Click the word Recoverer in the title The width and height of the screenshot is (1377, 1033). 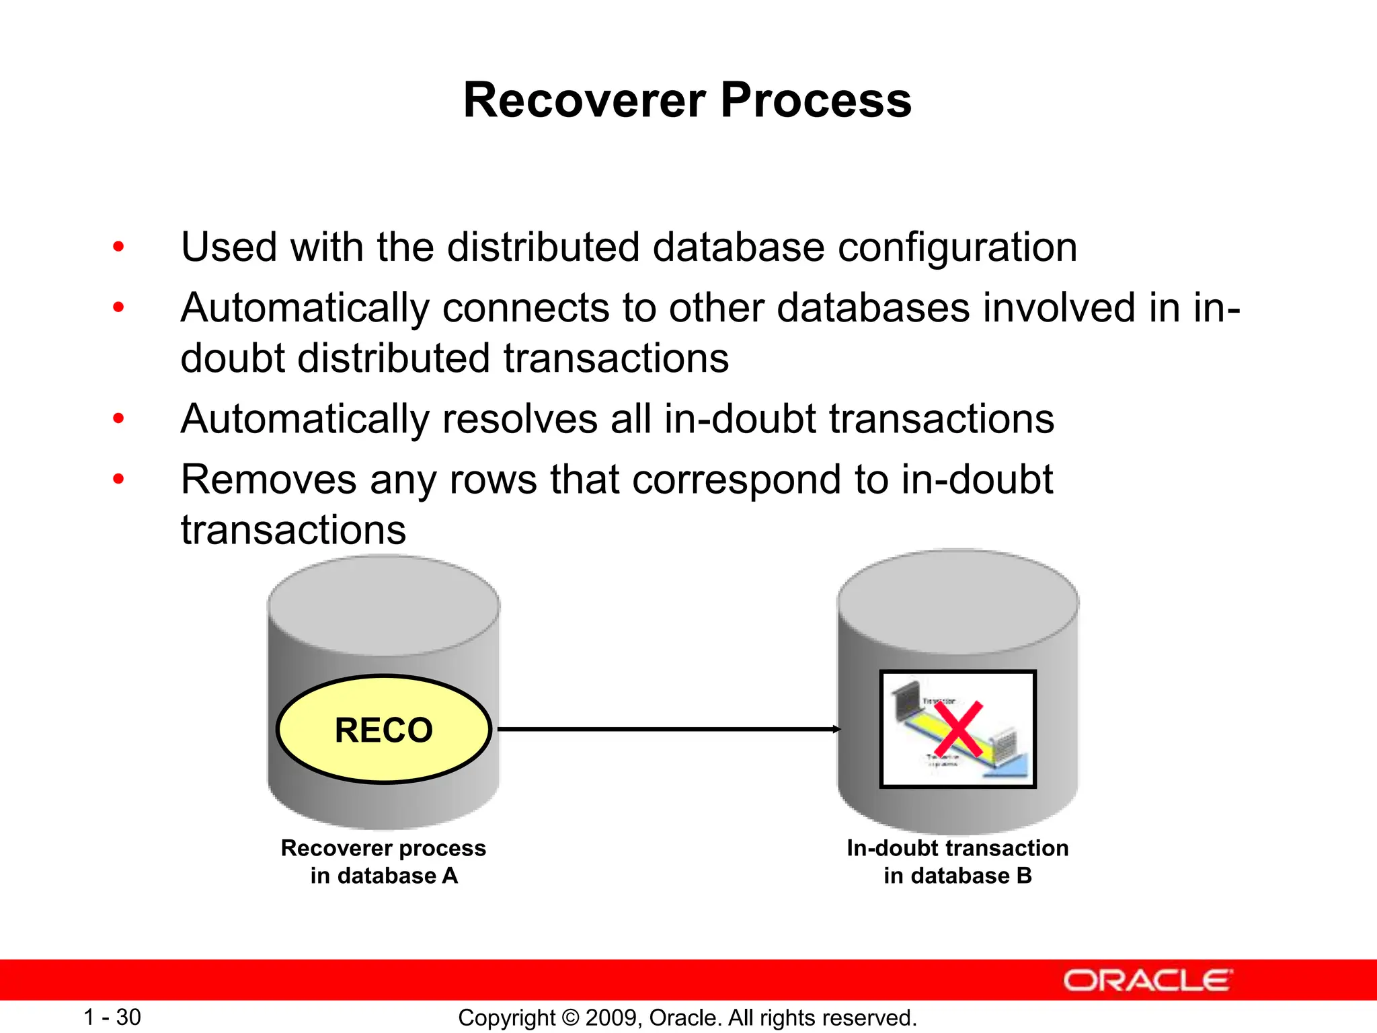coord(584,101)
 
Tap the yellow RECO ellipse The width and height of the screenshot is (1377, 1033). coord(384,730)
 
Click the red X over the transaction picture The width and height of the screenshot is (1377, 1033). coord(958,730)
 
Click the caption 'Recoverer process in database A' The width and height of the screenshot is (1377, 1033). coord(383,862)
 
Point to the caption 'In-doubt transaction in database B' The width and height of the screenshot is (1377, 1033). coord(957,862)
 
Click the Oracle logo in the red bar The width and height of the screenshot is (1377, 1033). coord(1147,981)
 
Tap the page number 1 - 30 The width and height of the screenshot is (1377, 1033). coord(112,1017)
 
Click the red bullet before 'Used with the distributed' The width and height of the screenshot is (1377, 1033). coord(118,247)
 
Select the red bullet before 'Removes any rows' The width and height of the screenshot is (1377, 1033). coord(118,480)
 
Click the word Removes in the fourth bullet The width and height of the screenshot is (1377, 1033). coord(268,480)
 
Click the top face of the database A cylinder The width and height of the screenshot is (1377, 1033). coord(384,604)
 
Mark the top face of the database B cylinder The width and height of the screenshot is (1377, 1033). coord(957,601)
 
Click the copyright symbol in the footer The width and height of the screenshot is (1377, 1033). coord(570,1018)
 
